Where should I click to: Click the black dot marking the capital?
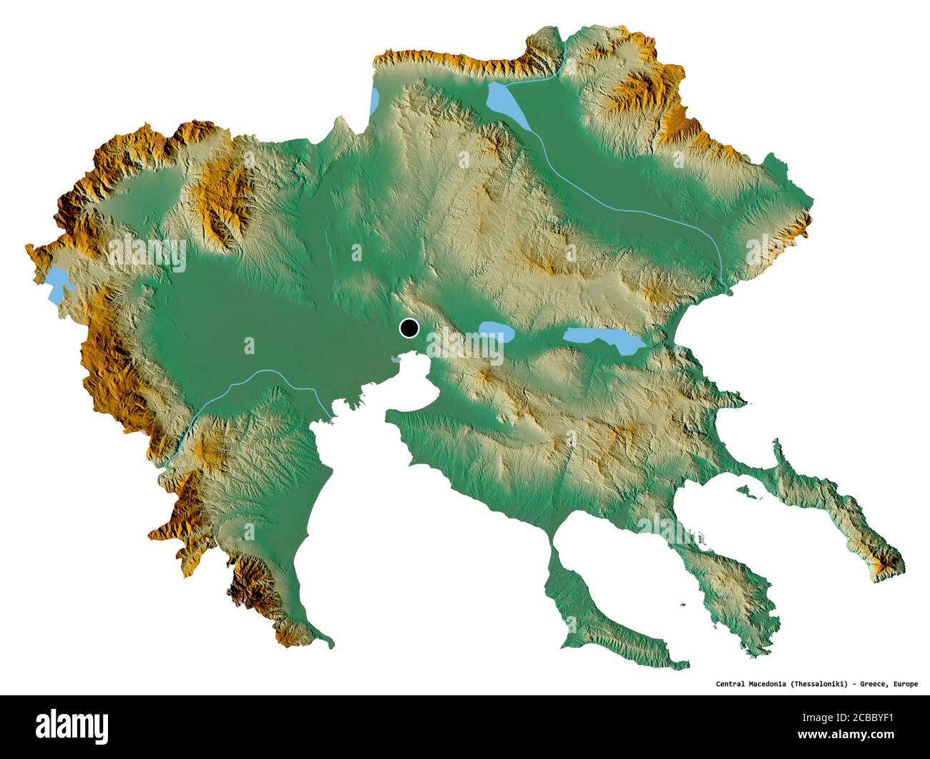click(408, 328)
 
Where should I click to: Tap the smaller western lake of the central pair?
click(496, 330)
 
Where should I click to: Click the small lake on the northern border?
click(373, 100)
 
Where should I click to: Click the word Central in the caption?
click(733, 684)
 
